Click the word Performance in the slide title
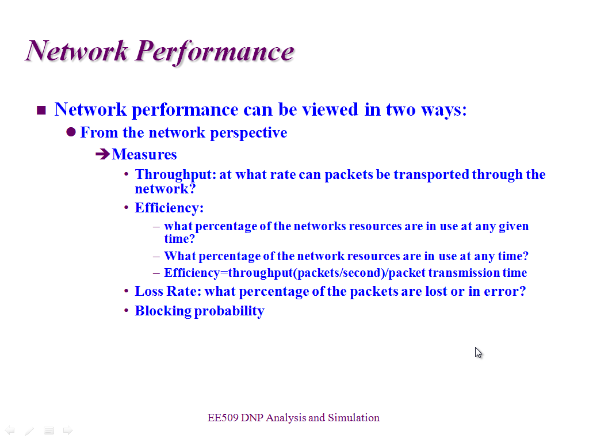[215, 52]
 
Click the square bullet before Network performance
[41, 110]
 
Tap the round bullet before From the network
[71, 132]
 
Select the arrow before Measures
[102, 154]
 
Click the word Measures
[144, 154]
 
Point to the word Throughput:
[175, 175]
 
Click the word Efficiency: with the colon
[169, 208]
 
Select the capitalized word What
[180, 256]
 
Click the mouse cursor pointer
[478, 353]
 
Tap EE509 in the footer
[223, 418]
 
